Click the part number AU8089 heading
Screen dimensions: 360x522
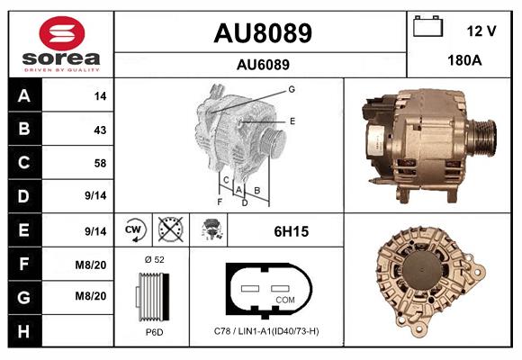point(262,34)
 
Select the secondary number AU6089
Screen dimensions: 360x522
point(262,65)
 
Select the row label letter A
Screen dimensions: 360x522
point(23,95)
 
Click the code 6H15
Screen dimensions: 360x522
point(292,231)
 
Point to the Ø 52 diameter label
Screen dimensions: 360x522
point(155,259)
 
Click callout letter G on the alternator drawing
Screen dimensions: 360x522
point(292,89)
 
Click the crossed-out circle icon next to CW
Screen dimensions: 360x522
point(169,231)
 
